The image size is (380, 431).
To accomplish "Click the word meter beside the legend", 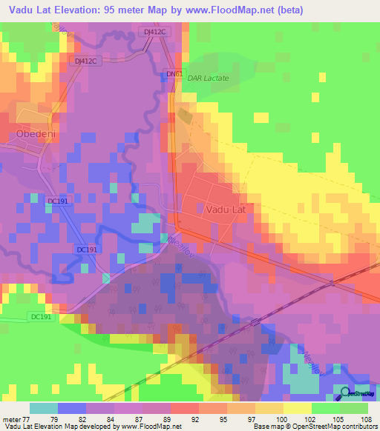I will coord(10,419).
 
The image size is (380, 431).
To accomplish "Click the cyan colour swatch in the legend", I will coord(43,408).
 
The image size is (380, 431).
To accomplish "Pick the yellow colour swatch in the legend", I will coord(297,408).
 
